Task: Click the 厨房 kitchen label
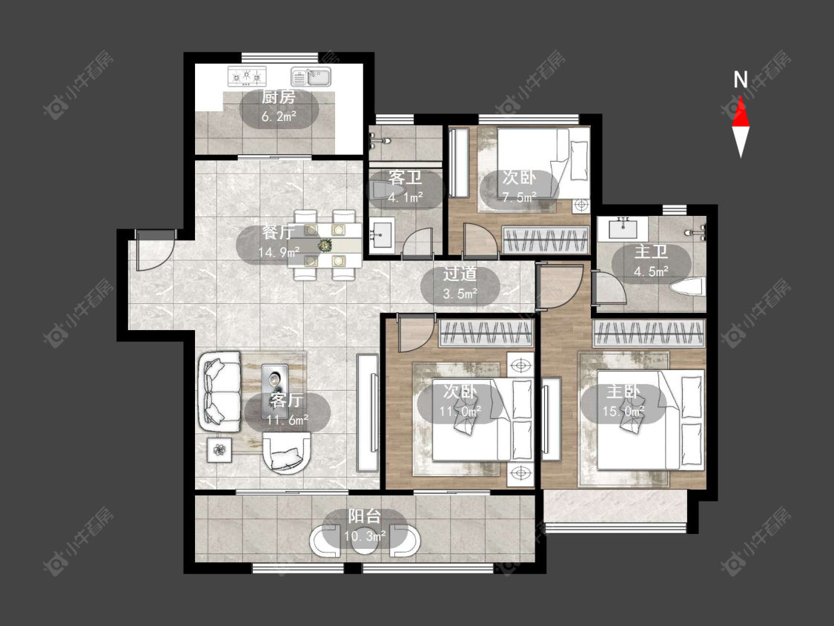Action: (278, 97)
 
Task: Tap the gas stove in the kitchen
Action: (247, 76)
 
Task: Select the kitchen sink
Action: (311, 76)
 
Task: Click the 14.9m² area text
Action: (279, 251)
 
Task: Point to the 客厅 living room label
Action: (286, 401)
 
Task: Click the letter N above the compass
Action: (741, 80)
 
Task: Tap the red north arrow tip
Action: (741, 96)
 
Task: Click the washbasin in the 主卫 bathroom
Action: (623, 228)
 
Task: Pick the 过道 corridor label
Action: (460, 274)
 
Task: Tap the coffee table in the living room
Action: (275, 378)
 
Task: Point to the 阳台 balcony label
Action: (365, 516)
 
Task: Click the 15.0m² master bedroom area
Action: (623, 411)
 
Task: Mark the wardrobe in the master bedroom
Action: (649, 333)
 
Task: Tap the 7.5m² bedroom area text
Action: (520, 197)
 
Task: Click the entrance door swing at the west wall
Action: (153, 250)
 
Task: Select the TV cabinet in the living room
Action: (368, 412)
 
